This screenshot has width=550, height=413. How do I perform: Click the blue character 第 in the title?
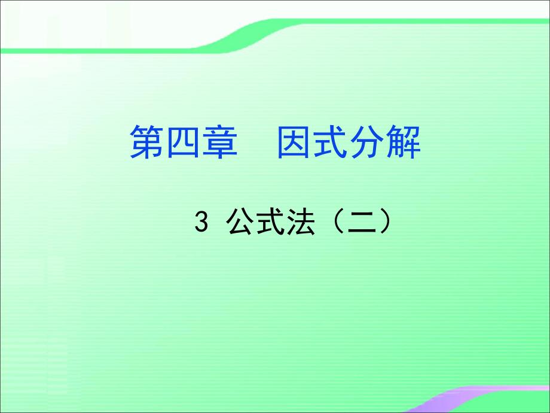[x=148, y=142]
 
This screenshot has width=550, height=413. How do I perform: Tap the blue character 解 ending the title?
[x=403, y=142]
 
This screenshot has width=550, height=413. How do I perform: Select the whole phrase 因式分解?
[x=349, y=142]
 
